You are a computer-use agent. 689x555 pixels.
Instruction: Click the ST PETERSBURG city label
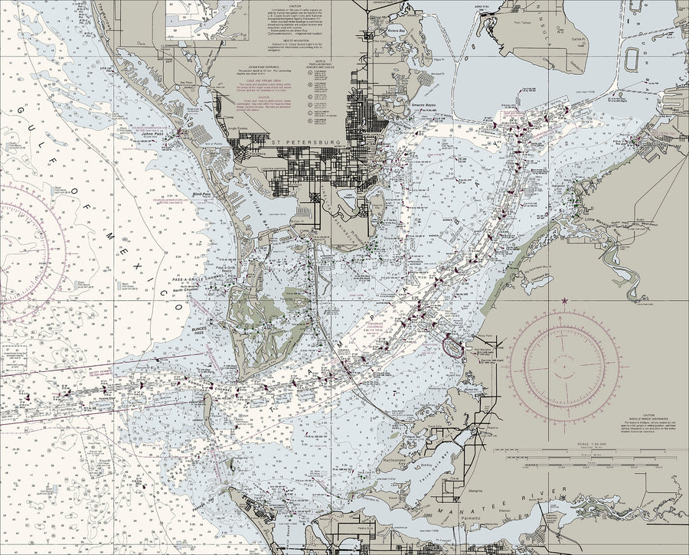305,142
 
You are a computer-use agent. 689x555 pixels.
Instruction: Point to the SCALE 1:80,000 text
593,444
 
